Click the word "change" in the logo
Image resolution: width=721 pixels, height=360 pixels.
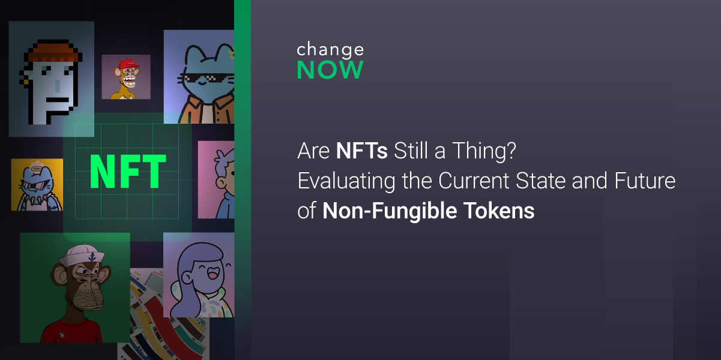tap(330, 50)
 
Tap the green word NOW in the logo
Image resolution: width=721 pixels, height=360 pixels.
tap(330, 70)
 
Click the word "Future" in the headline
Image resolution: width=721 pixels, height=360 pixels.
tap(644, 181)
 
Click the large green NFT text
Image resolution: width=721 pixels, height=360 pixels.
tap(128, 172)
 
